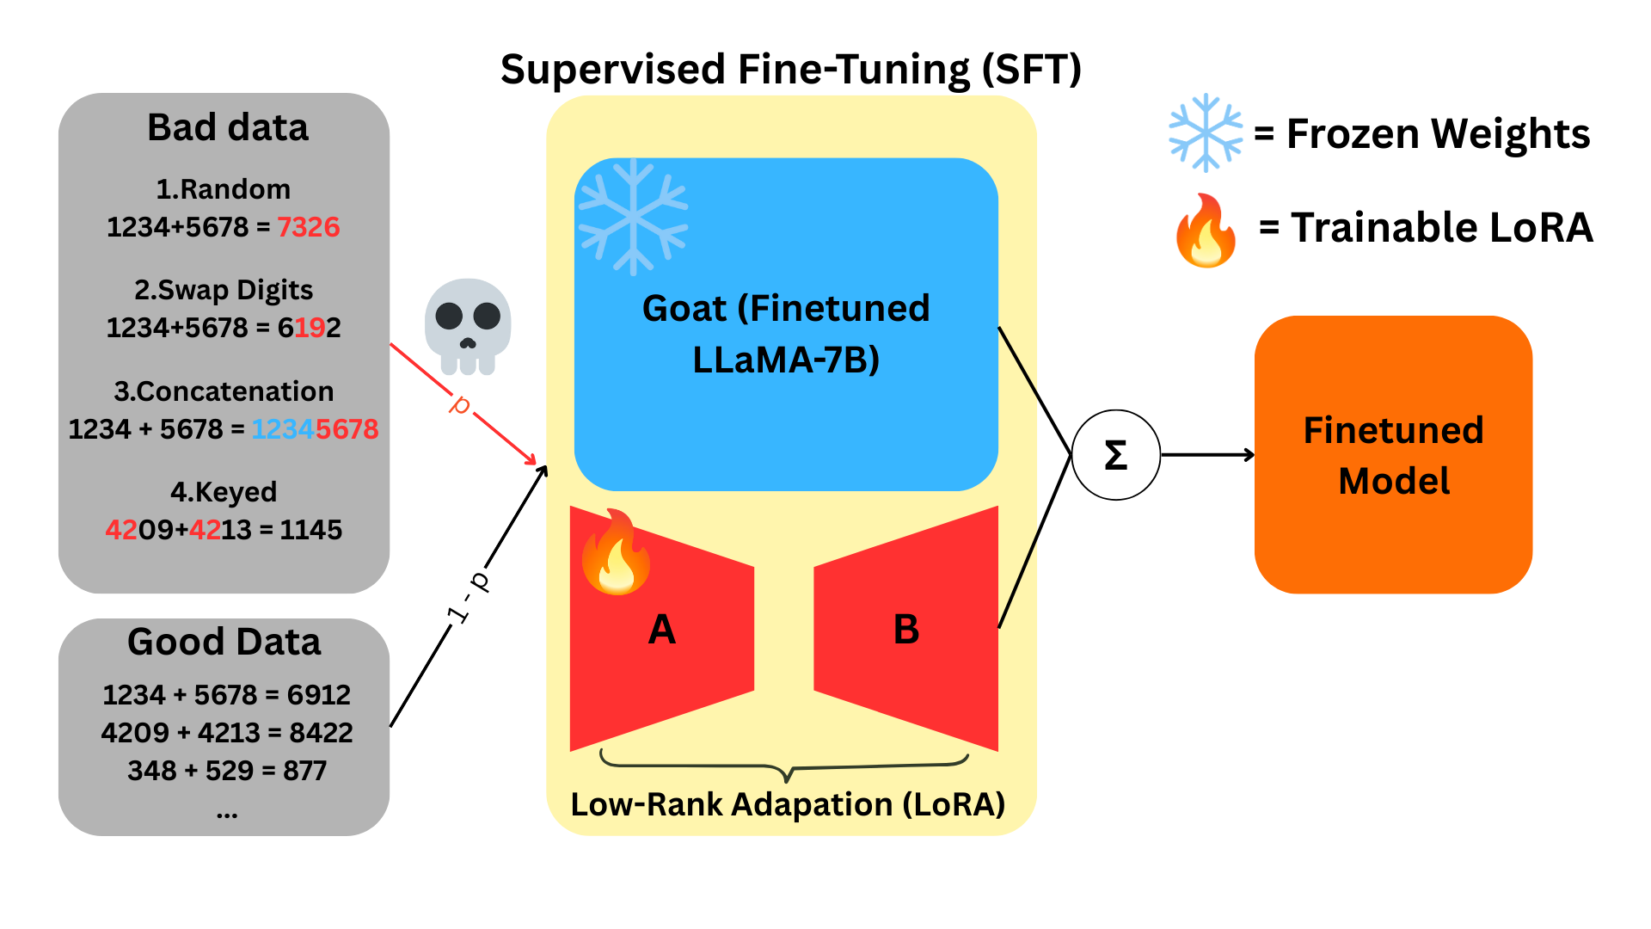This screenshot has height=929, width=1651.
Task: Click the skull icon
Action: tap(468, 325)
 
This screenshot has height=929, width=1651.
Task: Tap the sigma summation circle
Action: tap(1116, 455)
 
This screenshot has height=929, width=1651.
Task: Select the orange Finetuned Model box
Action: tap(1393, 455)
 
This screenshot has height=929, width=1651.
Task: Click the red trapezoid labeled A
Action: tap(661, 630)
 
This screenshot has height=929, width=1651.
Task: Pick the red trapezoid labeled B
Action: tap(906, 630)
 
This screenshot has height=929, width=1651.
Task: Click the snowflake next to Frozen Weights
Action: tap(1206, 132)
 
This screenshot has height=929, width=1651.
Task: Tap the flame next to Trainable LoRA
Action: tap(1206, 231)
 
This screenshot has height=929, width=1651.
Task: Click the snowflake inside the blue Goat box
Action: tap(634, 216)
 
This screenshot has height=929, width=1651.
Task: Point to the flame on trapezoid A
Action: tap(616, 552)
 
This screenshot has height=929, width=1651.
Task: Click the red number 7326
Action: tap(308, 227)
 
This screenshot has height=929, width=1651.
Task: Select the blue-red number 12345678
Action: tap(315, 429)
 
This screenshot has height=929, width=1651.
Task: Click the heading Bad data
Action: tap(228, 127)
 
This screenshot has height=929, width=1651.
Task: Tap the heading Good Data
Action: tap(224, 642)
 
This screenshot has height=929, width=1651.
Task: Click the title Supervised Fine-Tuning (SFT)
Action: tap(790, 69)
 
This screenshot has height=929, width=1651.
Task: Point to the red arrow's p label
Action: tap(461, 403)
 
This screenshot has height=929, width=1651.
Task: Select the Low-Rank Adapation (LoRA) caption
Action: tap(788, 804)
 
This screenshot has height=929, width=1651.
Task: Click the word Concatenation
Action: tap(235, 391)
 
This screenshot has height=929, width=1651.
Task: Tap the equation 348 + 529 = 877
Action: tap(227, 770)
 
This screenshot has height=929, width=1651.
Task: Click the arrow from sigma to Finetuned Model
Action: tap(1207, 455)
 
